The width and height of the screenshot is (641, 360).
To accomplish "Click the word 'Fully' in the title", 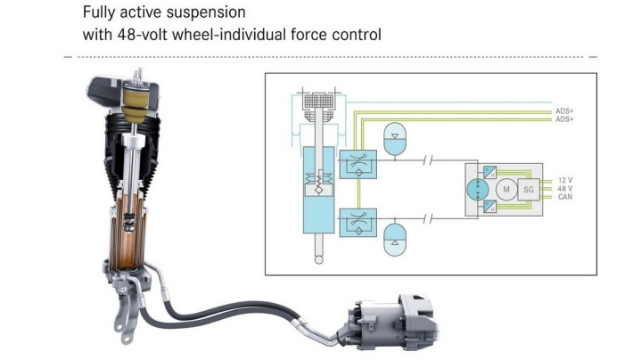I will pyautogui.click(x=97, y=13).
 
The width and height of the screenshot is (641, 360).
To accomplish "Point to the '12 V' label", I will pyautogui.click(x=563, y=180).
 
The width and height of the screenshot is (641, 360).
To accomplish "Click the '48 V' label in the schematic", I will pyautogui.click(x=563, y=189).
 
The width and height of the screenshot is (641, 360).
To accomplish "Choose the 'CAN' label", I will pyautogui.click(x=564, y=197).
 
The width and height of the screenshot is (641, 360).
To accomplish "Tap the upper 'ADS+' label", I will pyautogui.click(x=564, y=111).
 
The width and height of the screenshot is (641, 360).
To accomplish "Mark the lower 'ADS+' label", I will pyautogui.click(x=564, y=119).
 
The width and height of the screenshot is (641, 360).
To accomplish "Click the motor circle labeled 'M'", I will pyautogui.click(x=505, y=189).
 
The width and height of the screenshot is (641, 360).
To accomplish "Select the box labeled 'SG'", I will pyautogui.click(x=529, y=189).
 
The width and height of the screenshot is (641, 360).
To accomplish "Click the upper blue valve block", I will pyautogui.click(x=357, y=163).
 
